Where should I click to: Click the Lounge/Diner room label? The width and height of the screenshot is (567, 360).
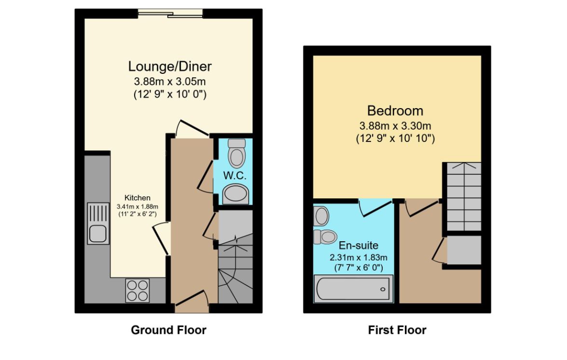[x=169, y=67]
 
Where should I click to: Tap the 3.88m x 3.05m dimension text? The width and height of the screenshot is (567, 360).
[x=169, y=82]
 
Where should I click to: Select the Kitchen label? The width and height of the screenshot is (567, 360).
[x=138, y=198]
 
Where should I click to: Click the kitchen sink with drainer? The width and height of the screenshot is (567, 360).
[x=98, y=223]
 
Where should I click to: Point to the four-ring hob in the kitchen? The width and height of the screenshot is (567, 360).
[x=138, y=290]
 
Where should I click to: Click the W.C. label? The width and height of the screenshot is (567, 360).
[x=235, y=176]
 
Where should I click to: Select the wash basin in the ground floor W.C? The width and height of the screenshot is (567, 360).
[x=235, y=194]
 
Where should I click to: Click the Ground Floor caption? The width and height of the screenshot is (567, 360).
[x=168, y=330]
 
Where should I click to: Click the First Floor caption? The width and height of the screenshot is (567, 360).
[x=397, y=330]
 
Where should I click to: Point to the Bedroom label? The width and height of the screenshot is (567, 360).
[x=395, y=111]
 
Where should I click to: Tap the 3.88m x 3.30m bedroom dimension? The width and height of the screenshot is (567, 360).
[x=395, y=126]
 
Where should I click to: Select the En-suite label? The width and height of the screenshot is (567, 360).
[x=359, y=246]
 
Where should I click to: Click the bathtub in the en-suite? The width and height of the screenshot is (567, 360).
[x=353, y=289]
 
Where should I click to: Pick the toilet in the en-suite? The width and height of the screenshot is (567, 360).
[x=325, y=237]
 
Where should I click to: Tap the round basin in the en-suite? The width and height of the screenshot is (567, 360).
[x=321, y=216]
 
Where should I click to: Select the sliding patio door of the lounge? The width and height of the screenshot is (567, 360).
[x=170, y=14]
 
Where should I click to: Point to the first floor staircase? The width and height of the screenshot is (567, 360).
[x=464, y=196]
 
